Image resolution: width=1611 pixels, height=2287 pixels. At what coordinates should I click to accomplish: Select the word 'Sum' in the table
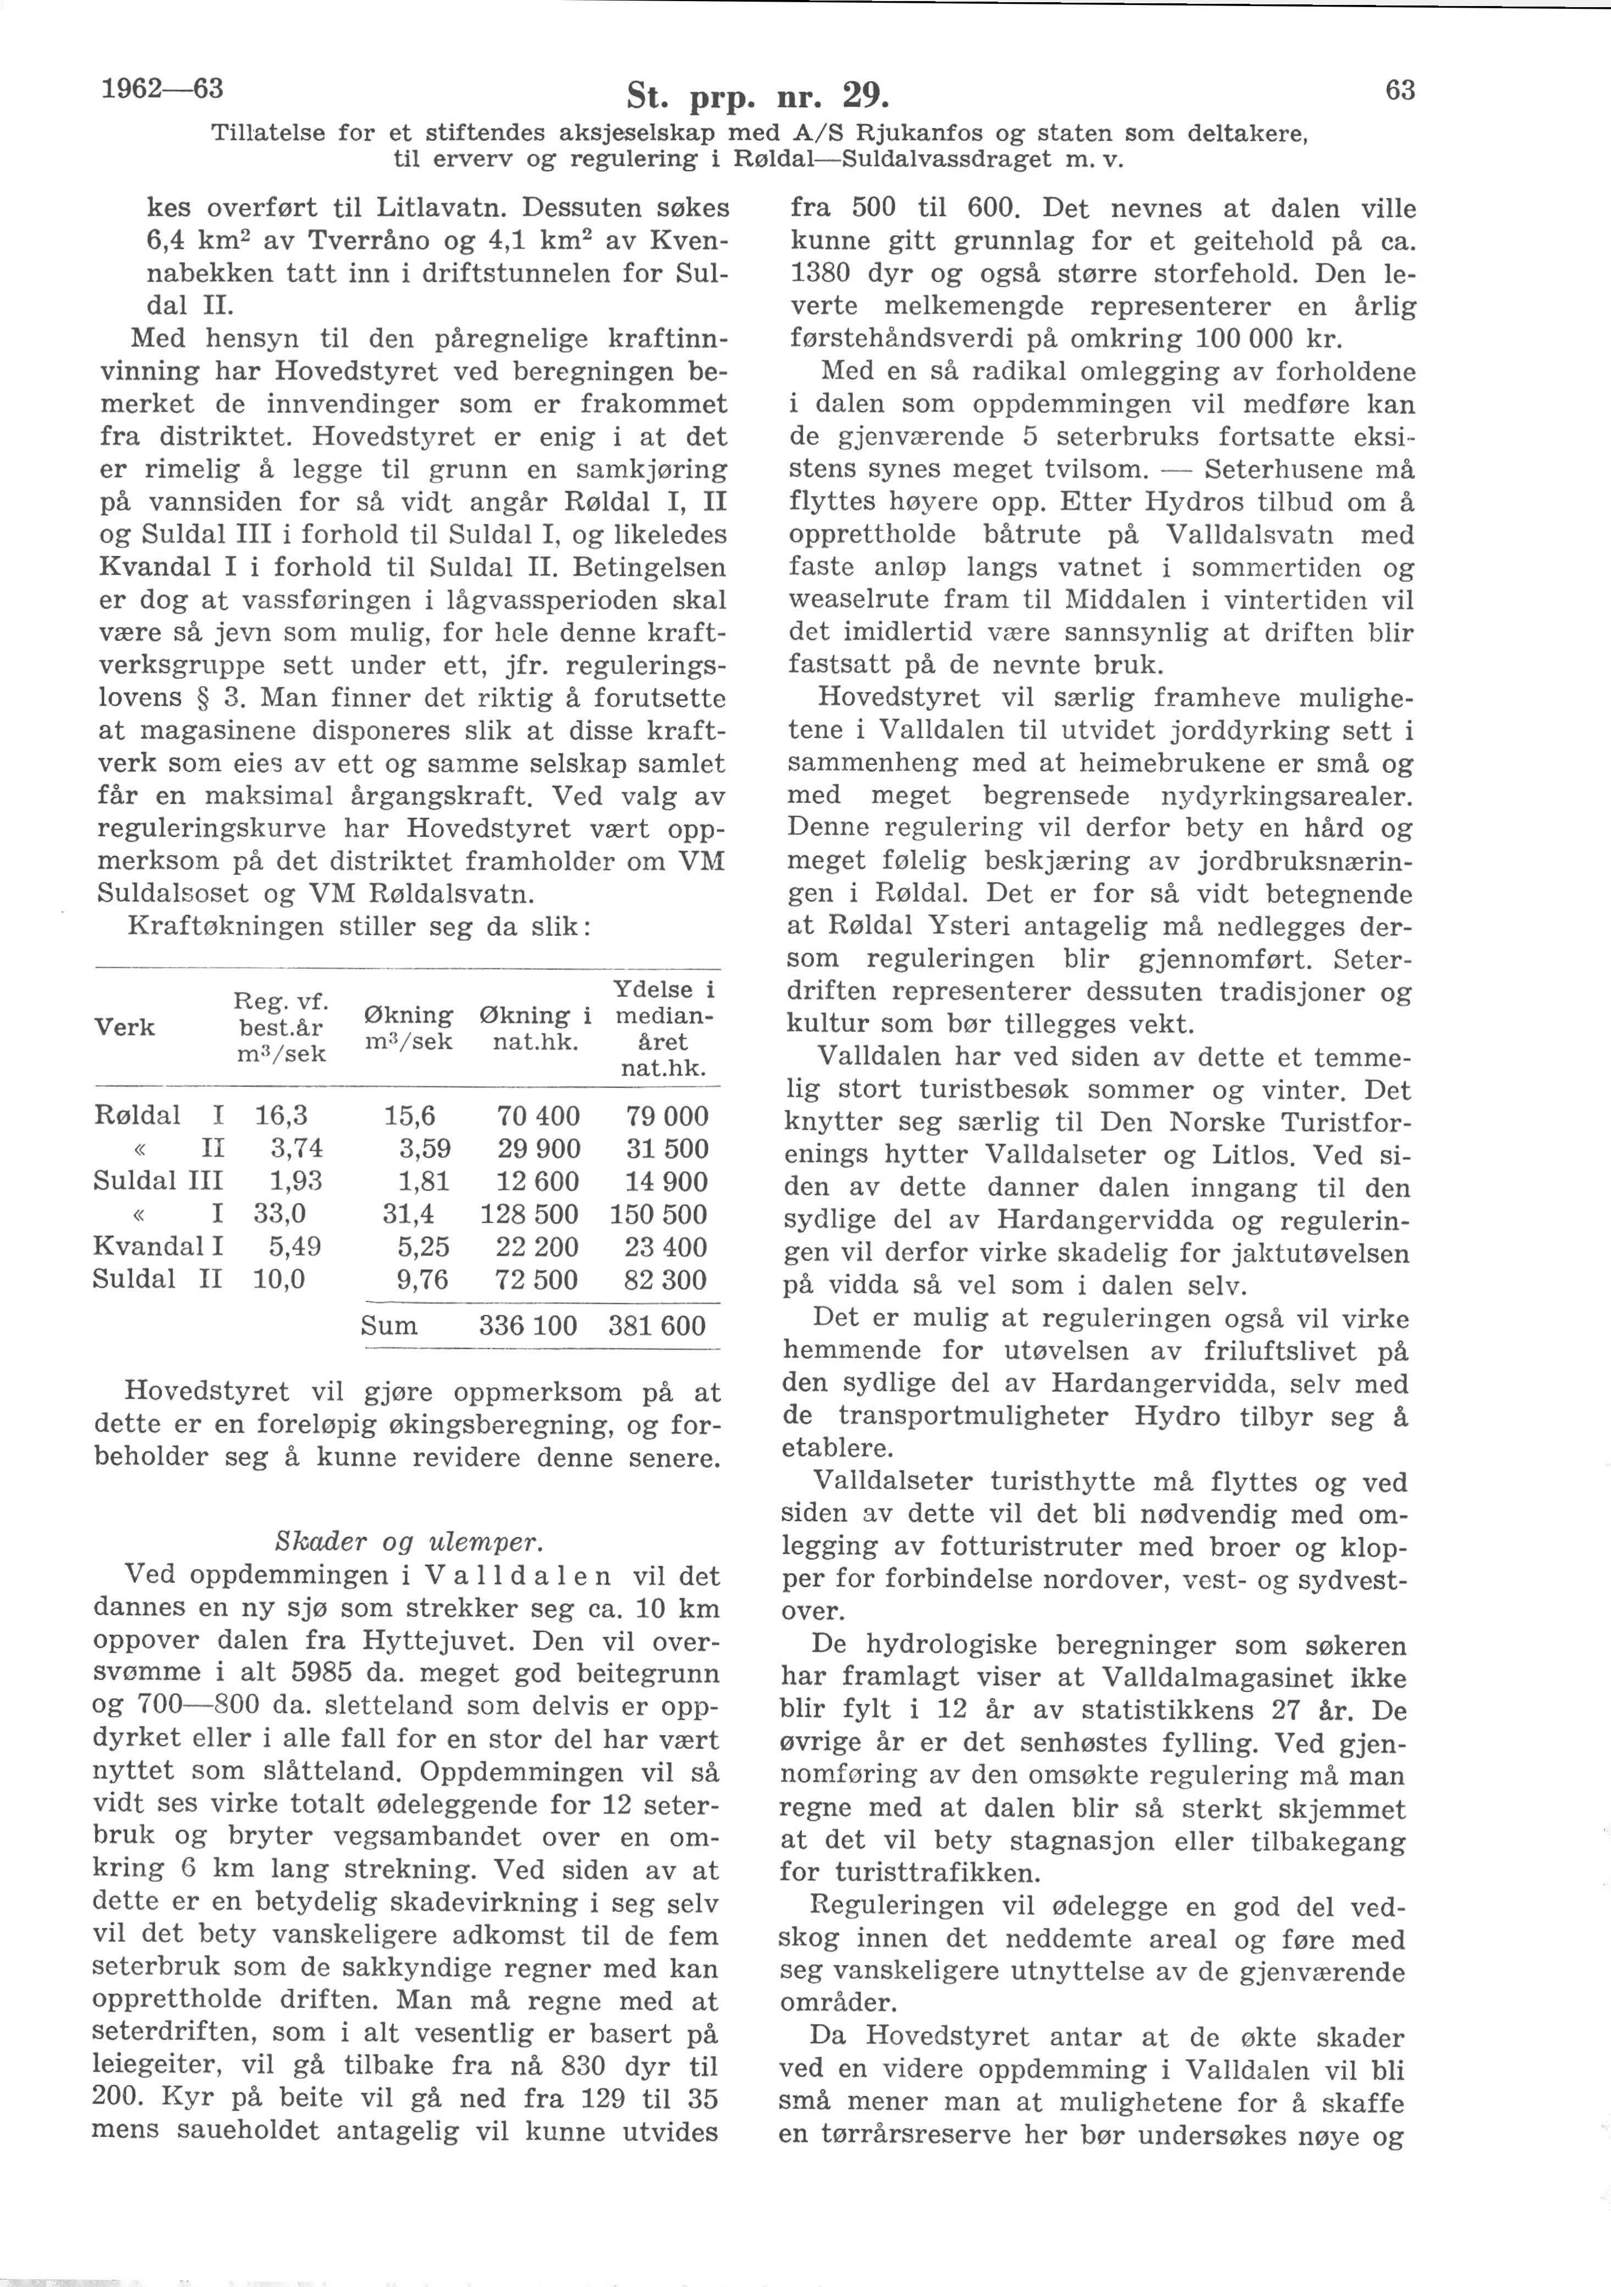[389, 1326]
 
